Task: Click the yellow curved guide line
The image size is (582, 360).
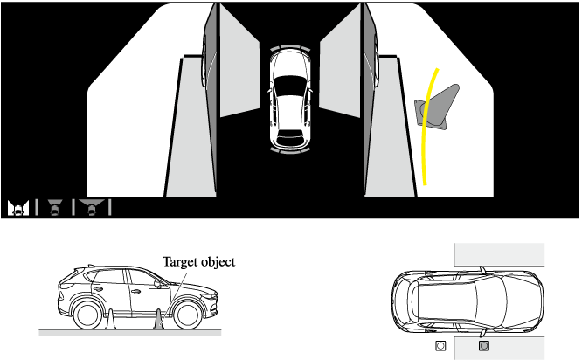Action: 426,126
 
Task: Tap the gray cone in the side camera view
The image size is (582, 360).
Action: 438,108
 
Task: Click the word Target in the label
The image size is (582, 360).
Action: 179,262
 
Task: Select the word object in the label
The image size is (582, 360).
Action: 218,262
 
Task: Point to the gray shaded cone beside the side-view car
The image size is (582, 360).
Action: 158,320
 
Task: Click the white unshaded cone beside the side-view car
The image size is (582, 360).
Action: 110,320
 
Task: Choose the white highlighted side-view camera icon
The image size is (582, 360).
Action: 18,208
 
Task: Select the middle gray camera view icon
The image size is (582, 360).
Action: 55,207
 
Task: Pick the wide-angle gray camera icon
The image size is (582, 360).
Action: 91,207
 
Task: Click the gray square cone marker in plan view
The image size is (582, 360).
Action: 483,346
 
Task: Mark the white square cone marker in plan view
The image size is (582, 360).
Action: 440,346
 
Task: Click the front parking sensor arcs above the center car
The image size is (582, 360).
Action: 290,48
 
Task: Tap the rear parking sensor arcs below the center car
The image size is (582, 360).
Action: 290,150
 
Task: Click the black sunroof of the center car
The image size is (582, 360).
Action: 290,86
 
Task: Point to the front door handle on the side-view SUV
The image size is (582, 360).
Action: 135,292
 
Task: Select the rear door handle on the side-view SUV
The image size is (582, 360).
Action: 98,289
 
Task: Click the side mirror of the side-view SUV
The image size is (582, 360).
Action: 158,284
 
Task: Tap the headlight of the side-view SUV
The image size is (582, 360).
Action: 208,296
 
